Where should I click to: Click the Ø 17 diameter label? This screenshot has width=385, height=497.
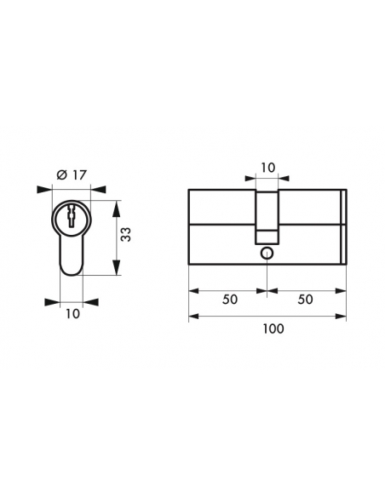(72, 174)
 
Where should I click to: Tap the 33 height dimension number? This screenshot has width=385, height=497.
(126, 234)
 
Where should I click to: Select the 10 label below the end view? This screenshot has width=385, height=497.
(72, 314)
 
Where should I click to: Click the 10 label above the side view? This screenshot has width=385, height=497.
(268, 168)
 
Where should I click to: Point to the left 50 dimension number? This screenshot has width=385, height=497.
(230, 300)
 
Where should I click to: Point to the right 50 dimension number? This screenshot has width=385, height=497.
(305, 300)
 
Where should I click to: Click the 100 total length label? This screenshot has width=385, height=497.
(273, 328)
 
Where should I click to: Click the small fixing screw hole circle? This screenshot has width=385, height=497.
(267, 254)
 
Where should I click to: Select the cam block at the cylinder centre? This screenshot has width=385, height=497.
(267, 218)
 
